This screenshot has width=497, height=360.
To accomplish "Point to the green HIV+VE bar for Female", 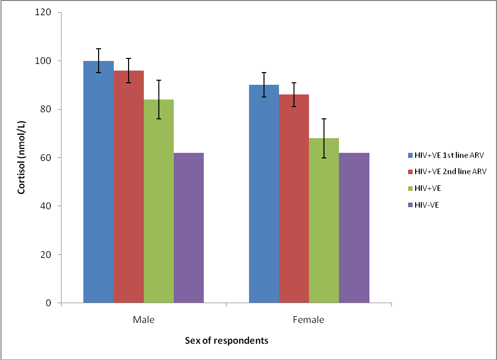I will (324, 220).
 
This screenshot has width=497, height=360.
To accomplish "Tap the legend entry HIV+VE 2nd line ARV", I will (448, 172).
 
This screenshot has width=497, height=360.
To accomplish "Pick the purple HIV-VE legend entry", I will (423, 205).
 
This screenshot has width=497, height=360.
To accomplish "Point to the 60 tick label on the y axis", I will (46, 158).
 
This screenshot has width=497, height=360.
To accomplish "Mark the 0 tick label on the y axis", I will (48, 303).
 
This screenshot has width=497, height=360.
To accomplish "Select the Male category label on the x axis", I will (143, 320).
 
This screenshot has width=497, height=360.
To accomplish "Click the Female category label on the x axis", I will (308, 320).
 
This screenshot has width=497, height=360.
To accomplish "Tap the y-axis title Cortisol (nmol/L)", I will (22, 157).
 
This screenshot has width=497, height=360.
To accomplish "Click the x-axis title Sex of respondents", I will (226, 341).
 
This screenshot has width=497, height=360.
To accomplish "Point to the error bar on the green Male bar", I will (159, 100).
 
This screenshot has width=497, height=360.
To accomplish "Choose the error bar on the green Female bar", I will (324, 138).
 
